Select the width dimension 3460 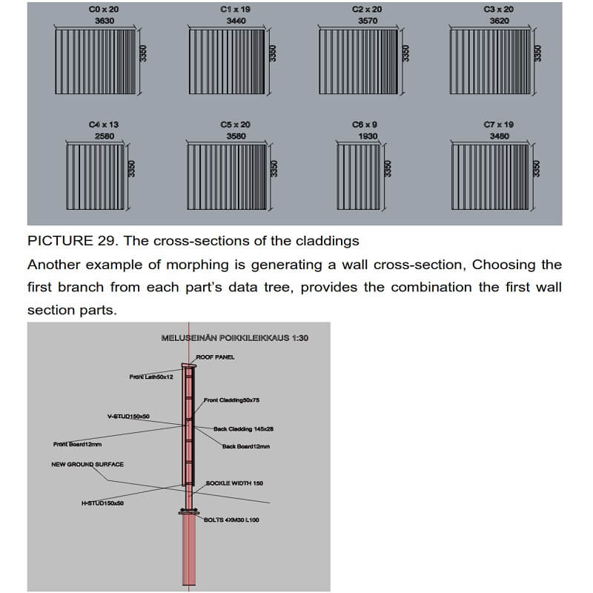point(236,21)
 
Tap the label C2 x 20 point(367,10)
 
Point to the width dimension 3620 point(499,21)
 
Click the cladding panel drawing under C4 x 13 point(96,172)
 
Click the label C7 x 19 point(499,125)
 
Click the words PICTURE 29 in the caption point(67,240)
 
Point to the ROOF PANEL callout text point(215,357)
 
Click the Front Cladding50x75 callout point(231,400)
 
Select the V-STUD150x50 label point(128,417)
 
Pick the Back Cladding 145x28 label point(244,428)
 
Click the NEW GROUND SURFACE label point(87,465)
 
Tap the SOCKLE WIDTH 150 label point(234,483)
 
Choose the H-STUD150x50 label point(102,503)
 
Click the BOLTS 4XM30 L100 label point(232,520)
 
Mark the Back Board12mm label point(246,446)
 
